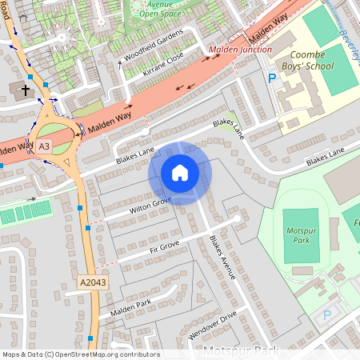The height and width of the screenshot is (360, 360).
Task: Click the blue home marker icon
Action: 180,173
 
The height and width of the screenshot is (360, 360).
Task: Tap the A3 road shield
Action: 43,146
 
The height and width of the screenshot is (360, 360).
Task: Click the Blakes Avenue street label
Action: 222,257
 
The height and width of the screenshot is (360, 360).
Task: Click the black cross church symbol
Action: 25,90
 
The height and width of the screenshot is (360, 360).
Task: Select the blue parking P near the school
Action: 271,78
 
